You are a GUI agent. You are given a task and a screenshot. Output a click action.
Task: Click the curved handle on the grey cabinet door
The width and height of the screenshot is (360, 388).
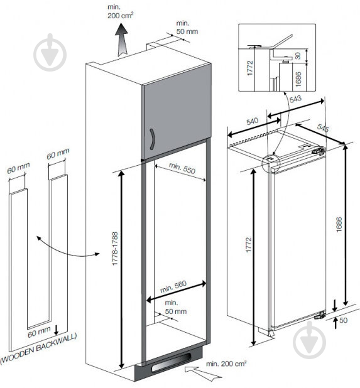152,139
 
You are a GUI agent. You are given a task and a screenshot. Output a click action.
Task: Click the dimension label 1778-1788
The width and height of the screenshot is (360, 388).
115,249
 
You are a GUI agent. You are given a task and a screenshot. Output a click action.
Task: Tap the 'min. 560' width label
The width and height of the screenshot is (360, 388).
173,286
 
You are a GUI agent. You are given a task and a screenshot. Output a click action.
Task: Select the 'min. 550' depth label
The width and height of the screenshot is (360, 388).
182,168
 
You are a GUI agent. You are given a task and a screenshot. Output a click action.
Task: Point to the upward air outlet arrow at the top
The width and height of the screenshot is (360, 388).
122,40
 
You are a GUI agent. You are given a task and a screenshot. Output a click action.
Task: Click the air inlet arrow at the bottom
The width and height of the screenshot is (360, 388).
202,373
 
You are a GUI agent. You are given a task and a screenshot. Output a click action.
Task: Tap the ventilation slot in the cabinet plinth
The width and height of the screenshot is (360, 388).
171,362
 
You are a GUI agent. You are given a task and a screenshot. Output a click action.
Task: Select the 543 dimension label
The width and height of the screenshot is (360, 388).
295,99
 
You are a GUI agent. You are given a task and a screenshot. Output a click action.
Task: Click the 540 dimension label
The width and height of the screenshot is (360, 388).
253,122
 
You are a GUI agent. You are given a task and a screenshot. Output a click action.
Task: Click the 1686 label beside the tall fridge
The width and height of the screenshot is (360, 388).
339,224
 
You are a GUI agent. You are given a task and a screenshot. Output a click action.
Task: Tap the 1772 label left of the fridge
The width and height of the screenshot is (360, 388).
249,245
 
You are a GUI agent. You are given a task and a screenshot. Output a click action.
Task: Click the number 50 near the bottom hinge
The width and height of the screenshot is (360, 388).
343,320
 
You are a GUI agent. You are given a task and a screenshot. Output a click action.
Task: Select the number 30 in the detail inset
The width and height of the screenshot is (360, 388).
298,56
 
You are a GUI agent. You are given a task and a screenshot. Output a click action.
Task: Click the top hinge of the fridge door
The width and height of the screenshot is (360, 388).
319,151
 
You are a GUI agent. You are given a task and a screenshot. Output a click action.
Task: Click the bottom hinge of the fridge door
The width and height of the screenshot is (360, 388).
320,315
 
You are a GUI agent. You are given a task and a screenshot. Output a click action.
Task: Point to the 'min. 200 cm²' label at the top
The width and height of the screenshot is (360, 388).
121,11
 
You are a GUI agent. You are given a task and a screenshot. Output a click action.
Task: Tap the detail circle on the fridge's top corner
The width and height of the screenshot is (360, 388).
271,163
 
